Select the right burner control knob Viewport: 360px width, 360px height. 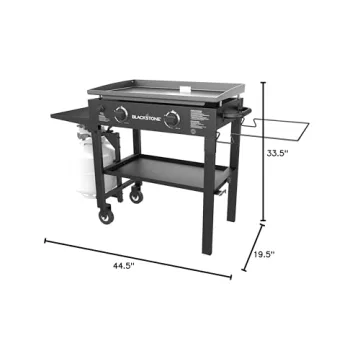click(173, 119)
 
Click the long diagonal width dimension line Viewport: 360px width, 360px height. click(140, 254)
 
